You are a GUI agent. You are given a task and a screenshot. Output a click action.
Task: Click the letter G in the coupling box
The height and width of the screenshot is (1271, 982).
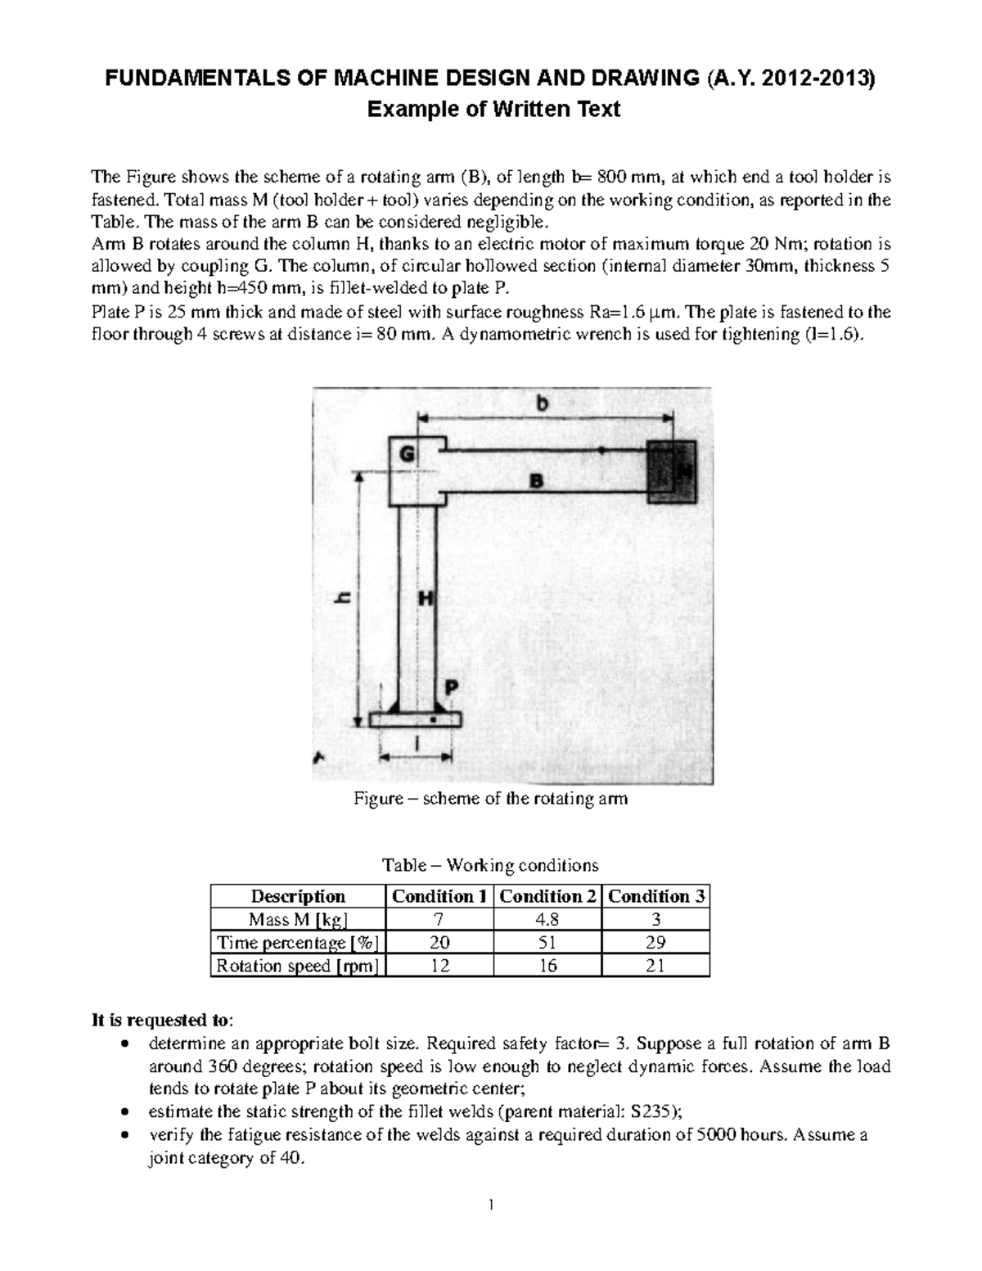pos(407,453)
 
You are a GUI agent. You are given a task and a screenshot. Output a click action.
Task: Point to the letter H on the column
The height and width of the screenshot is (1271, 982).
pos(426,598)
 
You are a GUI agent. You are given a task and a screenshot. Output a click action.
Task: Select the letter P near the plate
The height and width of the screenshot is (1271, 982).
pos(451,686)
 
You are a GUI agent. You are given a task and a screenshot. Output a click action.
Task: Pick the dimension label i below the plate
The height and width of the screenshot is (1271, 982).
pos(418,742)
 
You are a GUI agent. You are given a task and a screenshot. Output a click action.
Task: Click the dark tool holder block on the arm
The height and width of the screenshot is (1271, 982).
pos(671,473)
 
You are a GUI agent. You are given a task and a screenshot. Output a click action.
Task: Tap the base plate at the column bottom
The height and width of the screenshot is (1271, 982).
pos(415,719)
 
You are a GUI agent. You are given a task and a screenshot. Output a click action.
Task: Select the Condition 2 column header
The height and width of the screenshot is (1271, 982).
pos(547,896)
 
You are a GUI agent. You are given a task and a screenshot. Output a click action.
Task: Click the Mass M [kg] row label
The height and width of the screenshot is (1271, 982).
pos(297,919)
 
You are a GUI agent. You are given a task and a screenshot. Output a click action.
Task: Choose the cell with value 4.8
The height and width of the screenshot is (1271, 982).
pos(547,919)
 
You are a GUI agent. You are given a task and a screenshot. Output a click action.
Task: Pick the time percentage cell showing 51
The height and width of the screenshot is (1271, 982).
pos(547,942)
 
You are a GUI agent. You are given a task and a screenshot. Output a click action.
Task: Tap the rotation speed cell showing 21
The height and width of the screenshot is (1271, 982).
pos(655,966)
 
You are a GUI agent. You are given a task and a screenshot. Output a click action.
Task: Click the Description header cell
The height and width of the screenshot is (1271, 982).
pos(297,896)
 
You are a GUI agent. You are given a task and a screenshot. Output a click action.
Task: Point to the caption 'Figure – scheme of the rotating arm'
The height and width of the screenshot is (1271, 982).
pos(490,799)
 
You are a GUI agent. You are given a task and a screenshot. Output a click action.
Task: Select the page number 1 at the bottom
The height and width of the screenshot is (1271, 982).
pos(491,1206)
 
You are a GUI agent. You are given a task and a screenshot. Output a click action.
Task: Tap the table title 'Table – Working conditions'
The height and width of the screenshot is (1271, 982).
pos(490,865)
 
